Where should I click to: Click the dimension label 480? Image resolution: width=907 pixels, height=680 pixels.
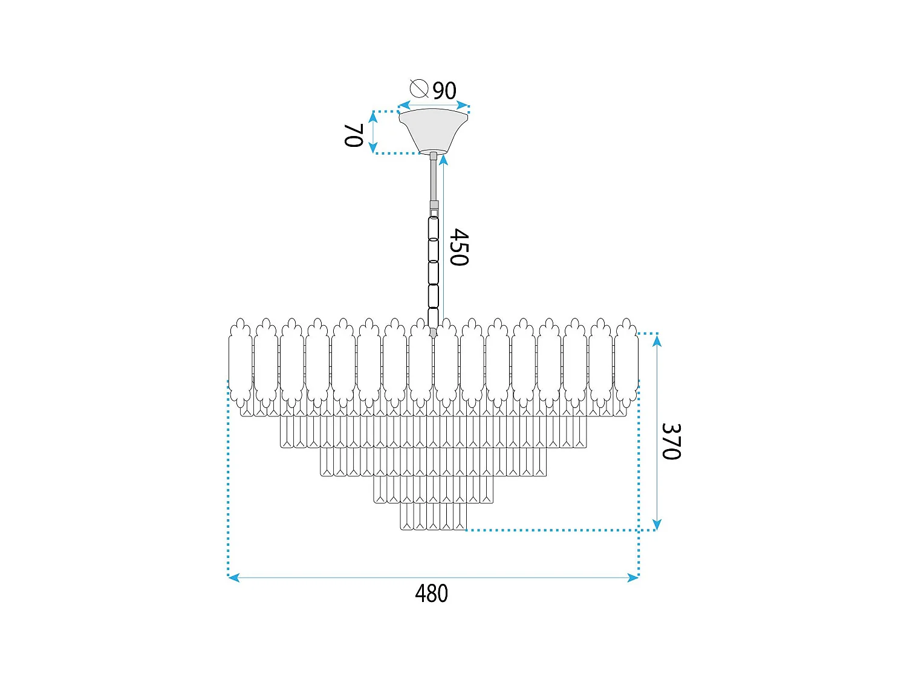tap(431, 594)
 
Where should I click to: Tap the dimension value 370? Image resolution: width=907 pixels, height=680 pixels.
tap(671, 441)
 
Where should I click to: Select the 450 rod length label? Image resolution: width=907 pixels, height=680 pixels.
tap(459, 247)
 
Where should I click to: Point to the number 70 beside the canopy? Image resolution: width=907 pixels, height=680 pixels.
tap(354, 135)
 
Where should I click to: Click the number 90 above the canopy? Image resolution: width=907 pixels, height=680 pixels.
tap(444, 91)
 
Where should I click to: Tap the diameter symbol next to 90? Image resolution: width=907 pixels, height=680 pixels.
tap(419, 88)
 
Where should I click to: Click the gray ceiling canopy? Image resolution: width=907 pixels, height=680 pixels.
tap(433, 130)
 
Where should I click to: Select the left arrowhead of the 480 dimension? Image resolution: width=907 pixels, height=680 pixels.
tap(234, 577)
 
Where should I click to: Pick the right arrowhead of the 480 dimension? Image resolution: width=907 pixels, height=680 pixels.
tap(632, 577)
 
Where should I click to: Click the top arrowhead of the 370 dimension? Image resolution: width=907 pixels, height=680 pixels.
tap(657, 341)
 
